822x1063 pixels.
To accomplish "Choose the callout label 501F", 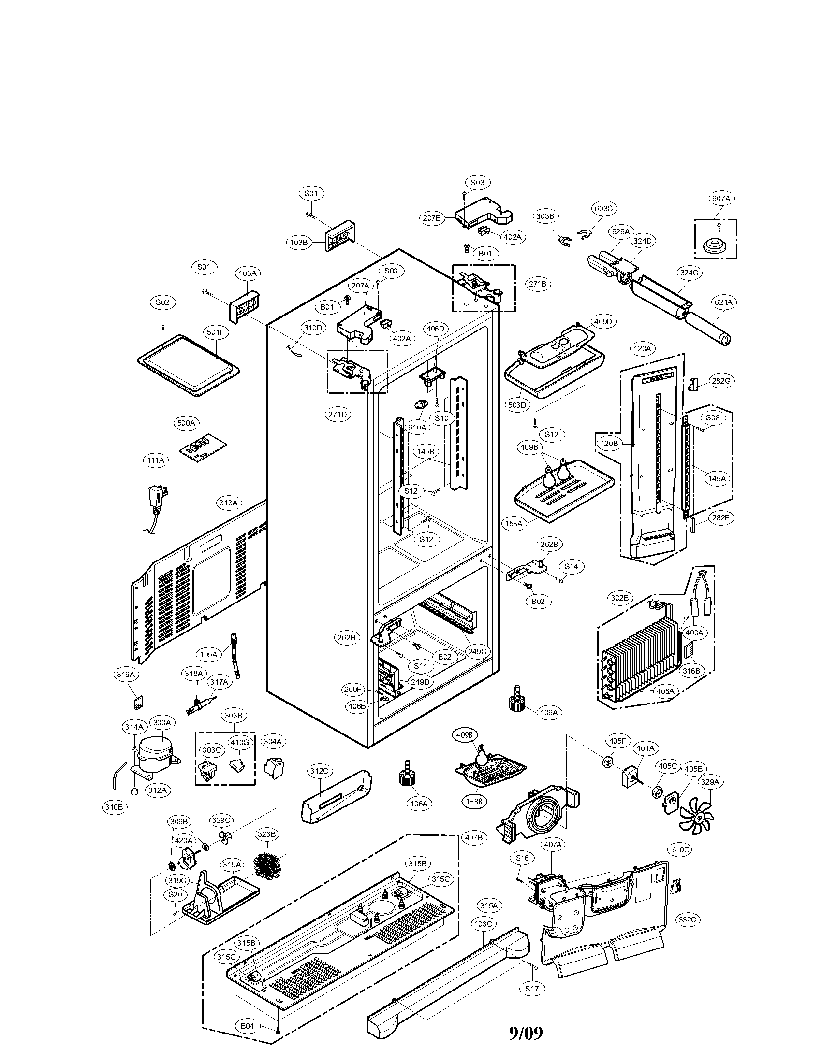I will [x=215, y=332].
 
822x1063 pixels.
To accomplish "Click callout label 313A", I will [x=228, y=503].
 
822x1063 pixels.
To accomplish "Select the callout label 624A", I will [x=723, y=302].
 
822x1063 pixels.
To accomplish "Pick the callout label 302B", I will [x=619, y=597].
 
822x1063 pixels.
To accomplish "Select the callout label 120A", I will [x=642, y=348].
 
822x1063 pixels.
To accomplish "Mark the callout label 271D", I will [x=338, y=414].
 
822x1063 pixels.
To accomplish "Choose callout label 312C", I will [x=320, y=771].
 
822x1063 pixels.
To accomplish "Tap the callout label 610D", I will [x=313, y=328].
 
